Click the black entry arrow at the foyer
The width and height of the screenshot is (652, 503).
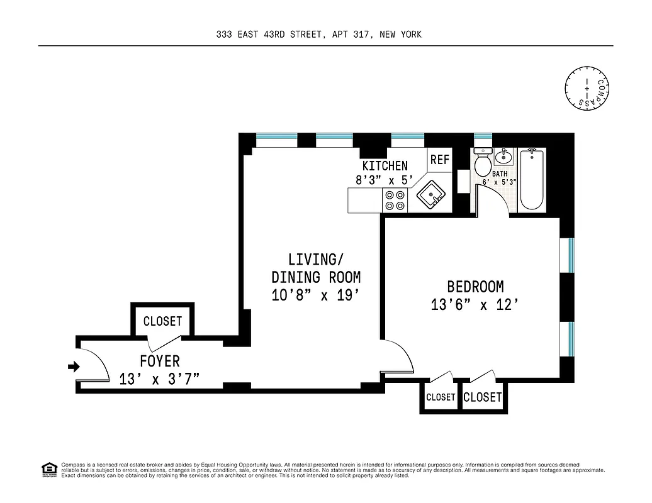coord(74,367)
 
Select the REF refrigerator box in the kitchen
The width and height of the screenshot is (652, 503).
coord(440,160)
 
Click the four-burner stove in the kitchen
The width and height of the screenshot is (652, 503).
coord(395,201)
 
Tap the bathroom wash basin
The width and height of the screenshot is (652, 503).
coord(503,156)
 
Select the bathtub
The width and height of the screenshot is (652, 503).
coord(532,179)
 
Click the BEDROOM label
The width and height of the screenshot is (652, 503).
coord(475,287)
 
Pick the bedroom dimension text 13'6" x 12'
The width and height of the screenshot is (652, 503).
coord(475,305)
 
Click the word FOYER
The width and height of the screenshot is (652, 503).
coord(160,362)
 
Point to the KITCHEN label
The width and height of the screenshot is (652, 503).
coord(385,166)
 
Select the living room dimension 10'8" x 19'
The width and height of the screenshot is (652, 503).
coord(316,295)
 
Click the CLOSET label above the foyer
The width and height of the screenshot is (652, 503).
coord(162,321)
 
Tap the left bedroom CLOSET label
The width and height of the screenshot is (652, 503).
coord(441,397)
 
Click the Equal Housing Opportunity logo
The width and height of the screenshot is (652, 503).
coord(48,468)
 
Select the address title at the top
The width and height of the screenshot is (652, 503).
coord(318,35)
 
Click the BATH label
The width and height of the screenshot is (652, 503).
coord(500,174)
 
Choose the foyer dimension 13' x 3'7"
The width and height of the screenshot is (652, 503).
coord(160,379)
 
